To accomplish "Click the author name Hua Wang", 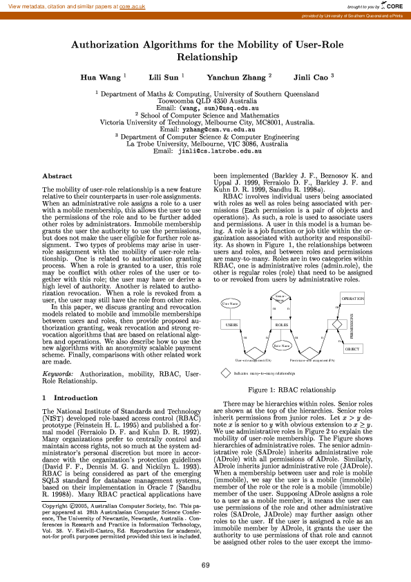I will pyautogui.click(x=99, y=77).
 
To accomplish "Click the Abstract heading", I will pyautogui.click(x=57, y=176).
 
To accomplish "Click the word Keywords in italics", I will pyautogui.click(x=59, y=373).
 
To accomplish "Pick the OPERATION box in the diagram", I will pyautogui.click(x=352, y=298).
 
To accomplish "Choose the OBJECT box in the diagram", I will pyautogui.click(x=352, y=349).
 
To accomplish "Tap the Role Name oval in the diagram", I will pyautogui.click(x=281, y=345).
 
